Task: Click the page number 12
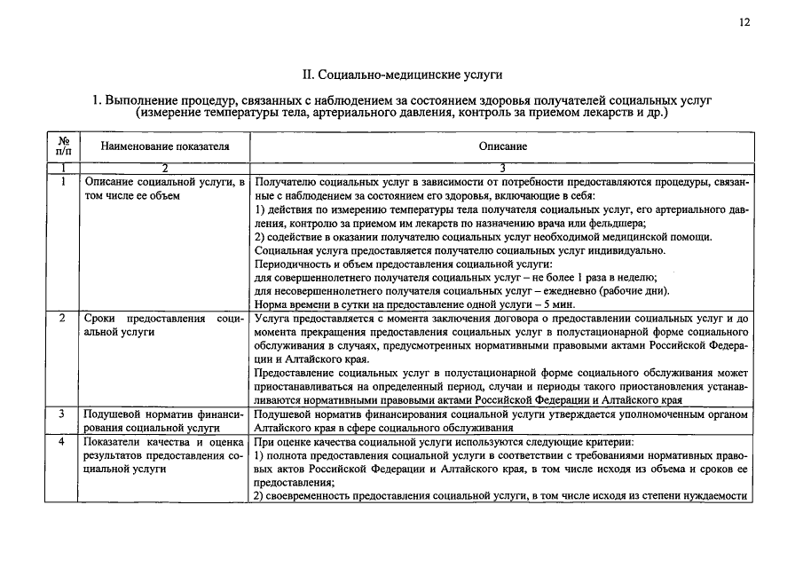[x=744, y=22]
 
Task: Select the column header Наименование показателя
[x=164, y=146]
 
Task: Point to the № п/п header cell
[x=64, y=146]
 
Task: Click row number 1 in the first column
[x=64, y=182]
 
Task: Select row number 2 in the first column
[x=64, y=318]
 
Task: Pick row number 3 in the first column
[x=64, y=414]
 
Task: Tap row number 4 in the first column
[x=64, y=441]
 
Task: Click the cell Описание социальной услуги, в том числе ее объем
[x=164, y=188]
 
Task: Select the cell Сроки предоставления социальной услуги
[x=164, y=324]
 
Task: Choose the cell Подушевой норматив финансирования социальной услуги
[x=164, y=420]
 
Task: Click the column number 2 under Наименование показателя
[x=164, y=168]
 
